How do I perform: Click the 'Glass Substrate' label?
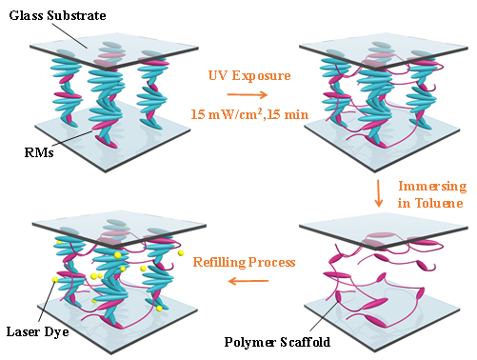[57, 15]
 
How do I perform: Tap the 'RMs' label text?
[39, 152]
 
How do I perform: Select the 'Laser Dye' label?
[37, 331]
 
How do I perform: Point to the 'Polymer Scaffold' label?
[277, 342]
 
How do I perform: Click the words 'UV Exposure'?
[249, 75]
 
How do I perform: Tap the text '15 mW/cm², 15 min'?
[249, 114]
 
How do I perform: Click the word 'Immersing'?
[432, 187]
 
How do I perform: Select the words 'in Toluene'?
[430, 203]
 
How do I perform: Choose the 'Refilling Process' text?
[245, 262]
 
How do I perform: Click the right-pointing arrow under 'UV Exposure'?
[248, 94]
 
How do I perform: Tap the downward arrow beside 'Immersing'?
[378, 193]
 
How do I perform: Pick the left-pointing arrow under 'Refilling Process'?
[248, 281]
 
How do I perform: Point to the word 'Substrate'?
[76, 15]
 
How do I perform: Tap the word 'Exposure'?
[261, 75]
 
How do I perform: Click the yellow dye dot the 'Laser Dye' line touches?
[55, 280]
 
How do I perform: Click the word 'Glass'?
[27, 15]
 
